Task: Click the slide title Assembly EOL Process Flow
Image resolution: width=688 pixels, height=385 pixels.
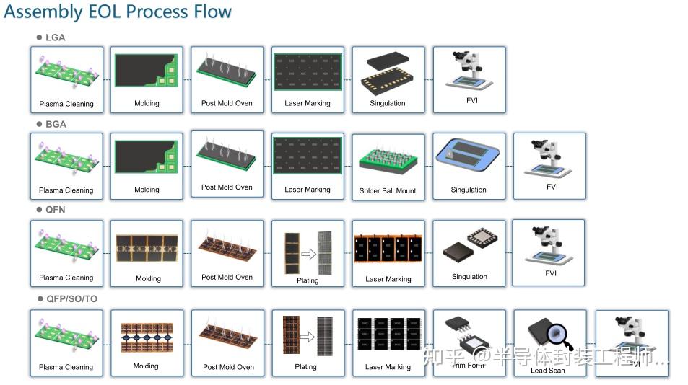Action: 118,12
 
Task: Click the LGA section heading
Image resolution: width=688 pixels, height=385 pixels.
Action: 55,37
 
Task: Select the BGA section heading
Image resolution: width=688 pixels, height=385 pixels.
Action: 55,124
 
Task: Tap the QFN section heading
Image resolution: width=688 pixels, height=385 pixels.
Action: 55,211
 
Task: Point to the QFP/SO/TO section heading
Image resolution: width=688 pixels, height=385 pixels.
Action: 71,298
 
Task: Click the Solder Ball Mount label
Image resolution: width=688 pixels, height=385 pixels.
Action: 388,191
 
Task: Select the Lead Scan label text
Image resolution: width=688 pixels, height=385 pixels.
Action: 548,371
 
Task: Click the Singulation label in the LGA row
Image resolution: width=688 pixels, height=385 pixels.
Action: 388,103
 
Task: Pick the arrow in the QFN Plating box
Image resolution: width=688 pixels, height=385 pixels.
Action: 308,254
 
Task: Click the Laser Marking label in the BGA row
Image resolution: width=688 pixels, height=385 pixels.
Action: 308,190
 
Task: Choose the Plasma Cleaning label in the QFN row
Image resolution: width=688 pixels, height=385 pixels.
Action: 66,278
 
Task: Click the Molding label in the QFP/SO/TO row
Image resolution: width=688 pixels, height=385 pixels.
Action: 146,366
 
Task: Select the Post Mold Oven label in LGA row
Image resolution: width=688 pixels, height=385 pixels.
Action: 227,103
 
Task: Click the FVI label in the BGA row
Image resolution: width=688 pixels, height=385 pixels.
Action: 552,187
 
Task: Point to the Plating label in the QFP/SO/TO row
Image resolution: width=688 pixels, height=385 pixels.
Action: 305,367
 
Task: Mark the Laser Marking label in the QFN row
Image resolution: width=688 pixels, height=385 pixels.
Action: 388,279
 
